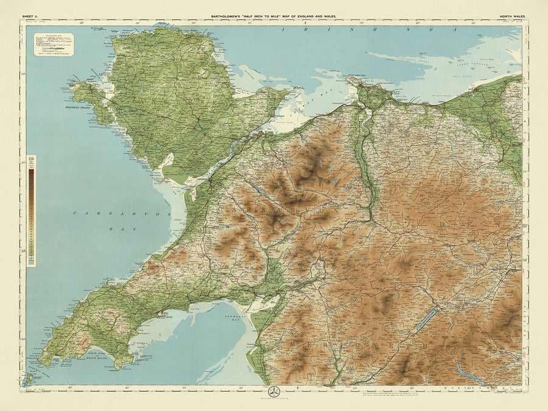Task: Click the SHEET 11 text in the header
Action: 32,16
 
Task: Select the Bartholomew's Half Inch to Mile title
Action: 273,16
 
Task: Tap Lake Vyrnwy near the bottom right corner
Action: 468,372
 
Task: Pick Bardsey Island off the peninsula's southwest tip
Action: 27,379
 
